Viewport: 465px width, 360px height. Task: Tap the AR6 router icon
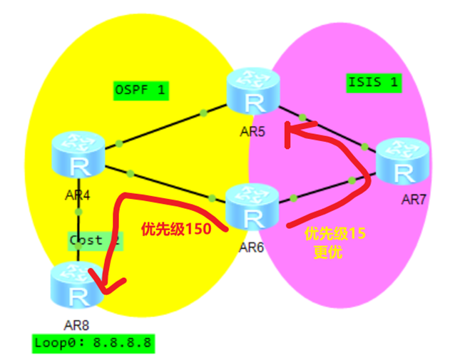pos(252,205)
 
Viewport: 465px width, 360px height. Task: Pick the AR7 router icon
pos(404,163)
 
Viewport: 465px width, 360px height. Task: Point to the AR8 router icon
pos(76,284)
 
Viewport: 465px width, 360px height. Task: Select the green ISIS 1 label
pos(373,81)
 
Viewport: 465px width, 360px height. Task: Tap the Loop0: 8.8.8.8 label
pos(93,342)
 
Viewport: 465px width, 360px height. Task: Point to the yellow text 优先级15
pos(334,233)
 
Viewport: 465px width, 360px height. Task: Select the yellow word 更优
pos(328,252)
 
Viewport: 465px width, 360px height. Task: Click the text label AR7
pos(414,199)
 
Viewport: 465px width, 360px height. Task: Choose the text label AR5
pos(252,131)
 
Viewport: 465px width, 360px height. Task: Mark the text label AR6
pos(252,247)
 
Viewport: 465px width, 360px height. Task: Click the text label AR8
pos(76,324)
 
